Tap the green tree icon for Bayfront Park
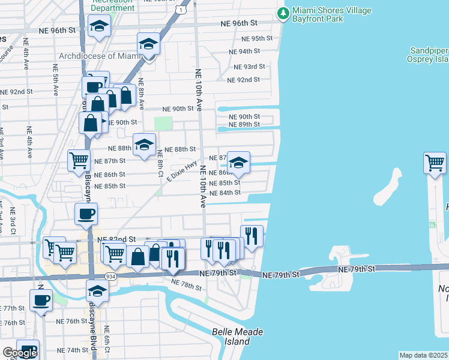click(x=283, y=12)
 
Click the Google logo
click(x=20, y=353)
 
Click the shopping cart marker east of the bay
click(x=435, y=163)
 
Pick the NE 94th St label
click(x=245, y=52)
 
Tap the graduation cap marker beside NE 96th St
click(x=99, y=26)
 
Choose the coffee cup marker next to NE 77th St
click(x=41, y=299)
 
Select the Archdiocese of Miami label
click(x=100, y=56)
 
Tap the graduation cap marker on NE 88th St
click(x=144, y=145)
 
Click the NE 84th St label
click(x=225, y=193)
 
